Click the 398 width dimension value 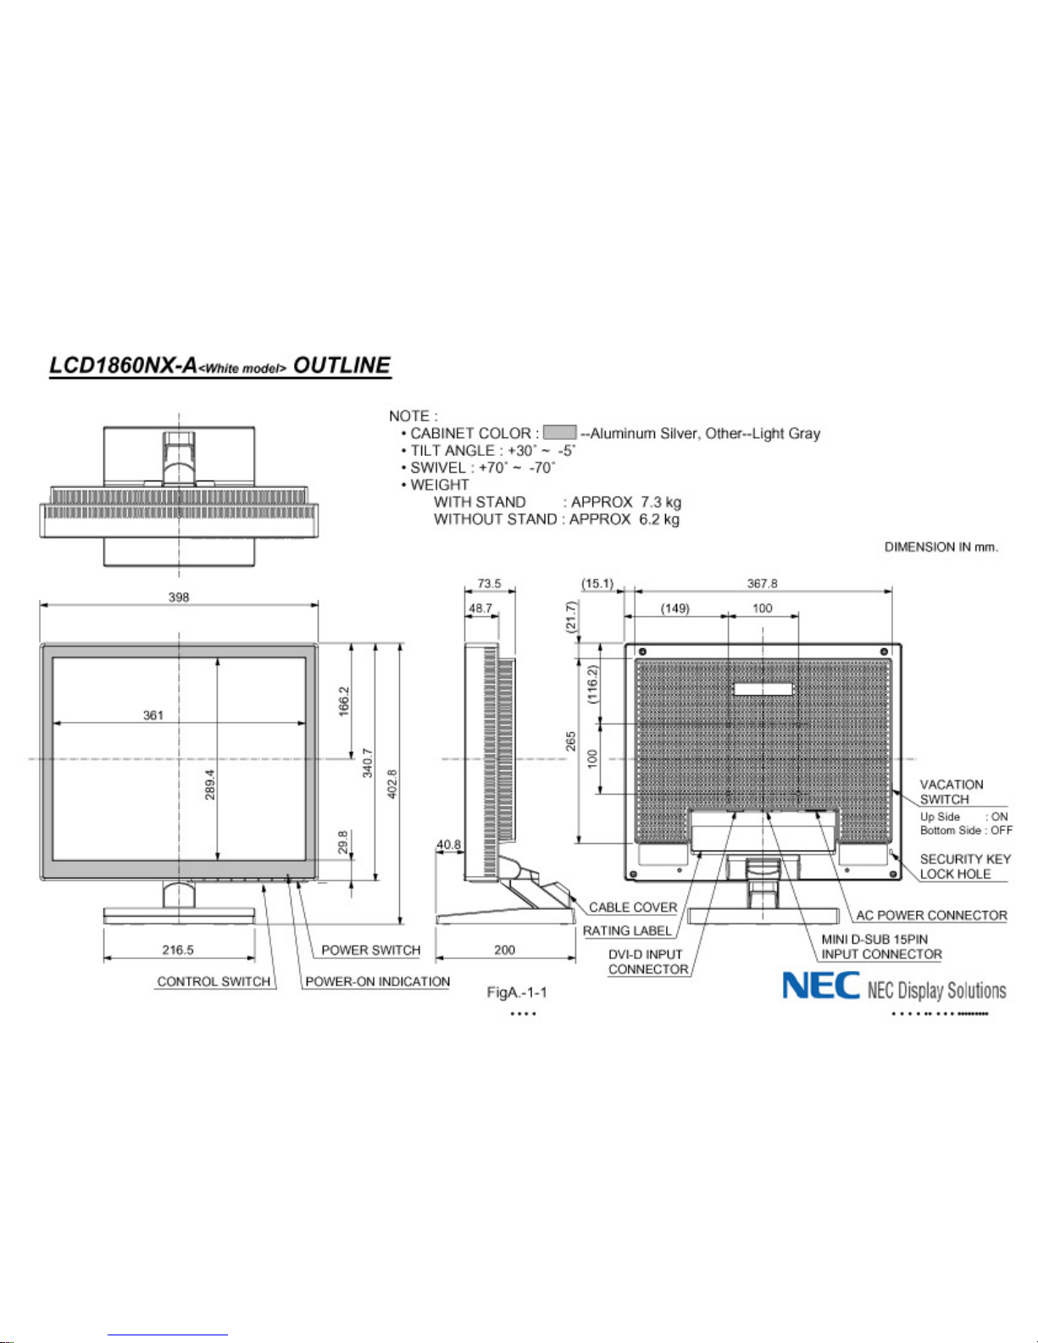click(179, 597)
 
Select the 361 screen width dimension click(153, 715)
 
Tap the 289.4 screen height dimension click(210, 785)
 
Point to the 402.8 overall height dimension click(391, 784)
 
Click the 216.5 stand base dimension click(178, 950)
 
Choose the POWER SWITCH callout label click(371, 950)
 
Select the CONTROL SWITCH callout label click(214, 981)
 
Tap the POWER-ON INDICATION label click(378, 981)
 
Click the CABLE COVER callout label click(633, 907)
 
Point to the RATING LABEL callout click(627, 930)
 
